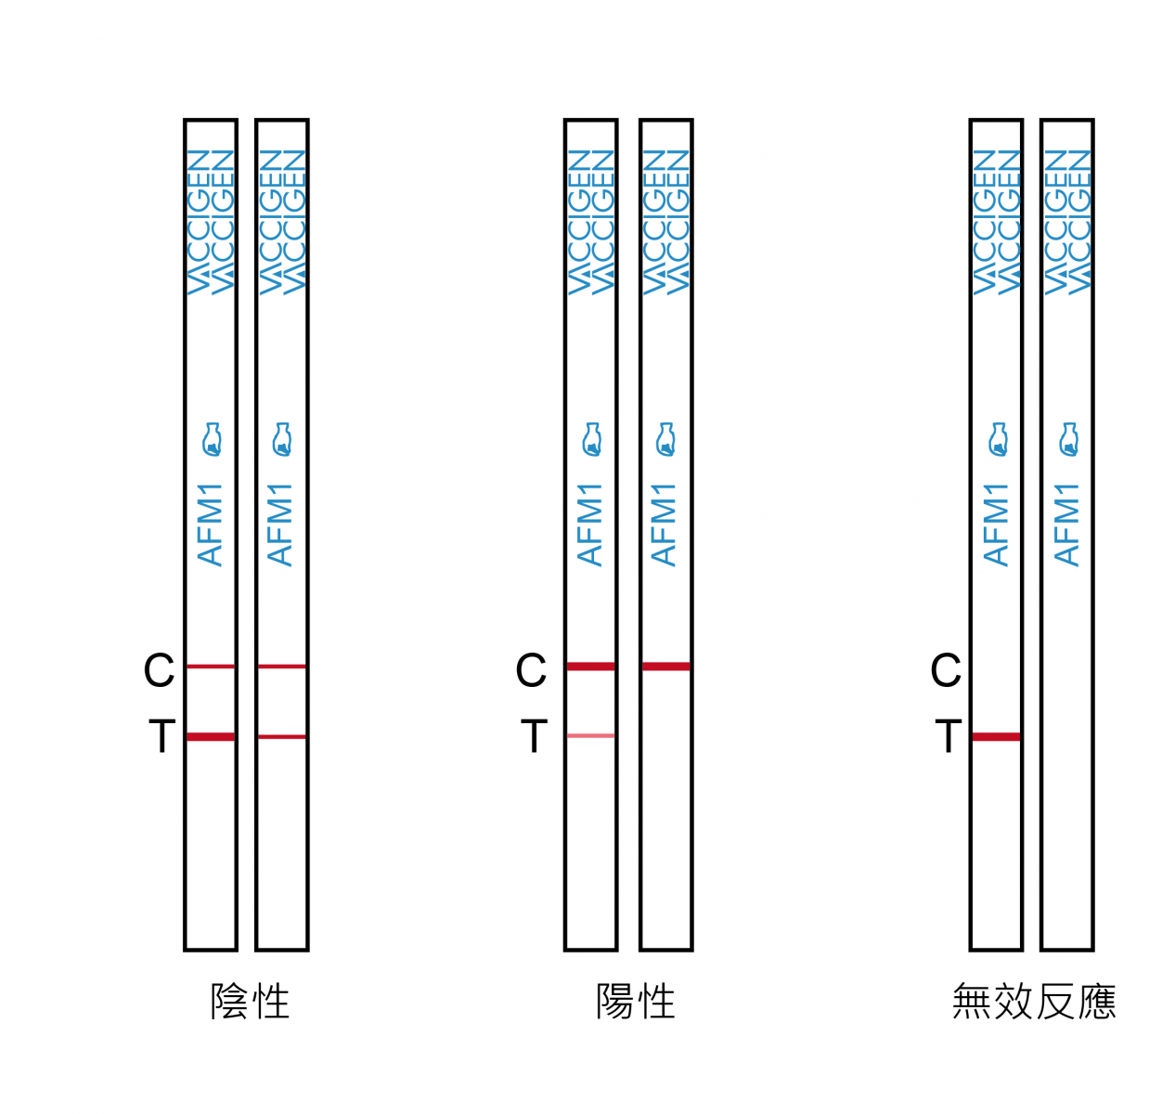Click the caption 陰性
(x=250, y=1002)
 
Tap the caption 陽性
(x=636, y=1002)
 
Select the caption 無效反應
(x=1033, y=1002)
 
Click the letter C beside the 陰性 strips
(x=159, y=669)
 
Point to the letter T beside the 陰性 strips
(x=162, y=735)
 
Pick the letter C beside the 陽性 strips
(x=531, y=669)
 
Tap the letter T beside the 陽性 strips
(x=534, y=735)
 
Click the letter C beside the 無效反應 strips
(x=946, y=669)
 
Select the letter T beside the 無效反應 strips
(x=949, y=735)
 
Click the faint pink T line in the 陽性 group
(x=590, y=735)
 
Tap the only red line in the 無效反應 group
(x=996, y=737)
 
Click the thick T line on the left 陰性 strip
(x=211, y=737)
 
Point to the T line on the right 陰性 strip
(x=281, y=737)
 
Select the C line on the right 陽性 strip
(x=665, y=667)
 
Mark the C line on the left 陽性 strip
(x=590, y=667)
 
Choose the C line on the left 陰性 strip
(x=211, y=667)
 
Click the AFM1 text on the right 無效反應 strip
(x=1066, y=525)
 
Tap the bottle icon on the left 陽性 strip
(x=592, y=439)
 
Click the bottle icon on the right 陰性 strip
(x=282, y=439)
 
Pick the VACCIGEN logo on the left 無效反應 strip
(x=996, y=222)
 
